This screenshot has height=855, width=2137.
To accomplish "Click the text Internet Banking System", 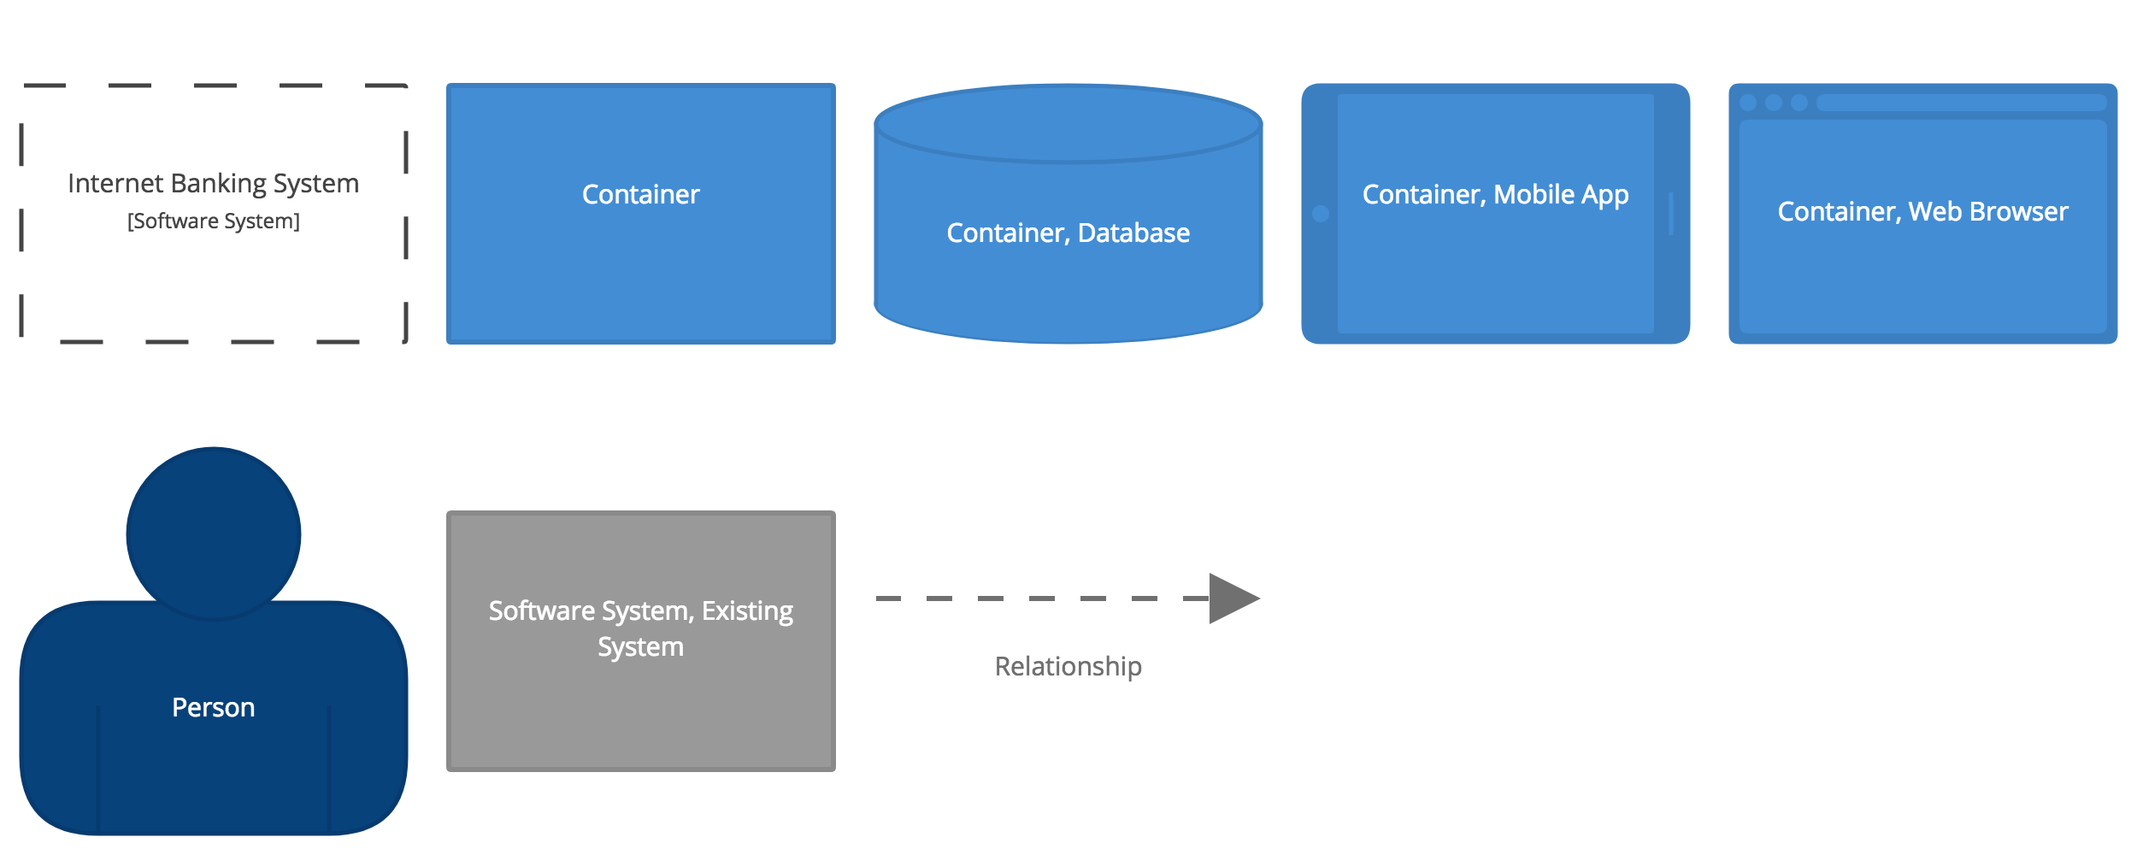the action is tap(214, 184).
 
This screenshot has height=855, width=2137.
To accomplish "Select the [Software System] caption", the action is tap(214, 221).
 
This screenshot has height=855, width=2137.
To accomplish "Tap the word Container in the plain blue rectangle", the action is tap(641, 194).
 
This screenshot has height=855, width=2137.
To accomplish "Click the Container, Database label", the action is tap(1068, 233).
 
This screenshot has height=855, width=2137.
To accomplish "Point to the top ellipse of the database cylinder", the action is tap(1068, 124).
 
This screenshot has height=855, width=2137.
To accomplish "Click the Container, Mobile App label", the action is tap(1496, 195).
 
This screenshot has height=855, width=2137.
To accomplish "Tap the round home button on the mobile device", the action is tap(1321, 214).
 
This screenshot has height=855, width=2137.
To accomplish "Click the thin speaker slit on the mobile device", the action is tap(1671, 214).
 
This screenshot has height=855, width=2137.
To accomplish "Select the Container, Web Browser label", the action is tap(1923, 211).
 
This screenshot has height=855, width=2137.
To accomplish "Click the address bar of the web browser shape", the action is tap(1962, 103).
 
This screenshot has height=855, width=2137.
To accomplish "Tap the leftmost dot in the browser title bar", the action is tap(1748, 103).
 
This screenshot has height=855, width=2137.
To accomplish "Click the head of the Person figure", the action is tap(214, 534).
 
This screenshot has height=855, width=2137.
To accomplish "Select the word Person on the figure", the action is tap(214, 708).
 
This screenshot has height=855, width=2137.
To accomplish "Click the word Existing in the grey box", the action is tap(747, 611).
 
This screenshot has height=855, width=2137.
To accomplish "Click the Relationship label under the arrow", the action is tap(1068, 667).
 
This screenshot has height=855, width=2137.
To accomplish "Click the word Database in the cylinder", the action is tap(1134, 233).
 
